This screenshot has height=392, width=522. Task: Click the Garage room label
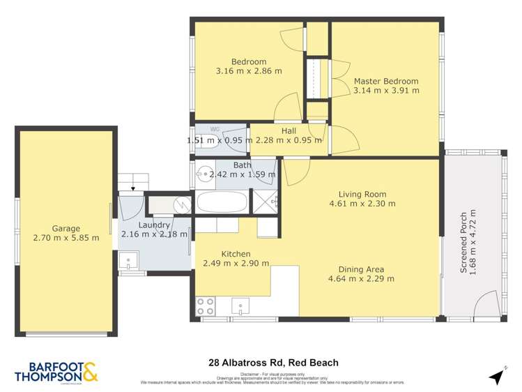pos(66,228)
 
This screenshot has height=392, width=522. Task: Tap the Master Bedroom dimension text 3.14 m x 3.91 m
pos(386,91)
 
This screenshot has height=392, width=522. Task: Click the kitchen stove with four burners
pos(205,306)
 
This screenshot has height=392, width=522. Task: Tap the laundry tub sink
pos(128,262)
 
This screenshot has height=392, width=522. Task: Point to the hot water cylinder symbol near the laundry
pos(182,204)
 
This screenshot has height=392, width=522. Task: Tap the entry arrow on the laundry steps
pos(132,188)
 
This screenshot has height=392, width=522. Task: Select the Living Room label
pos(362,194)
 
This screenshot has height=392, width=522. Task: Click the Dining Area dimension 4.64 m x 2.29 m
pos(366,279)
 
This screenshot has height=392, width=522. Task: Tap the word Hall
pos(289,130)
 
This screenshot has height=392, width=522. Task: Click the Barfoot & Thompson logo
pos(56,370)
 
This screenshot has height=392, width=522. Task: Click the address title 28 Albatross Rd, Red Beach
pos(273,363)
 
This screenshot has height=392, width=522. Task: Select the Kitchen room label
pos(236,254)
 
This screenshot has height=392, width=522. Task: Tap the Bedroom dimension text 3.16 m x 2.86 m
pos(249,71)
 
